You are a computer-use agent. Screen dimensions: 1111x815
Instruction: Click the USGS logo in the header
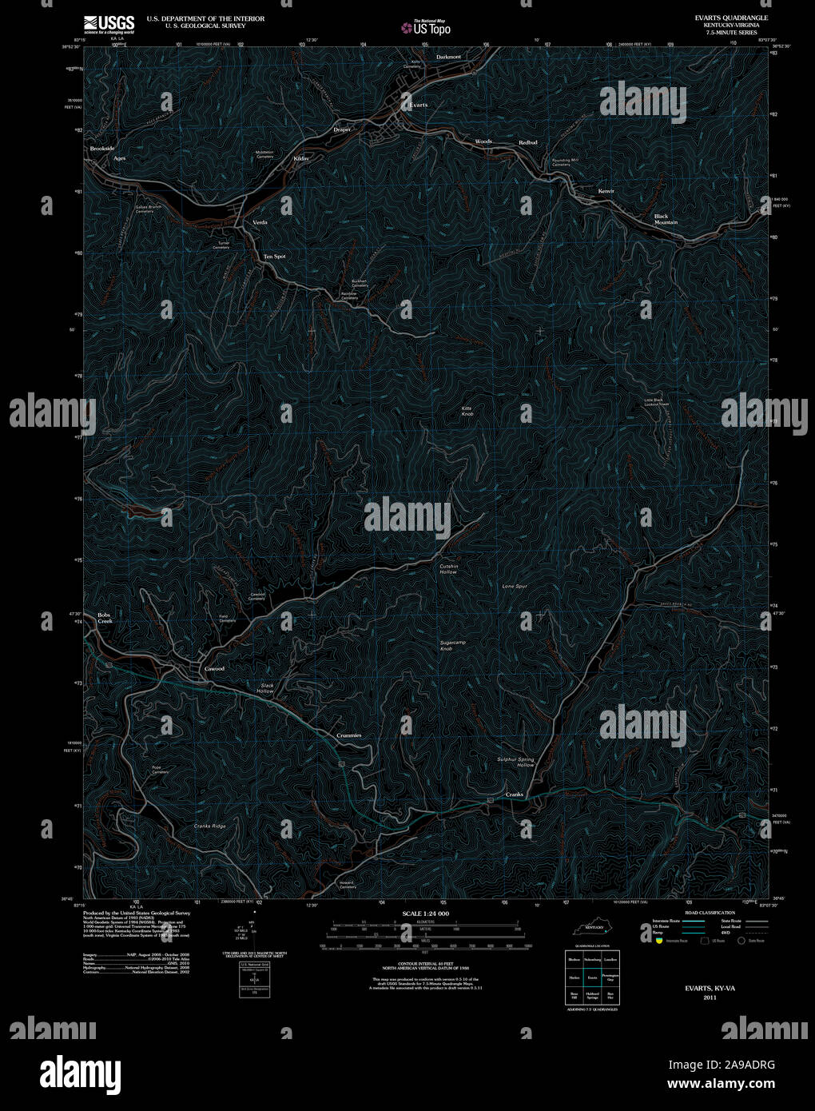109,23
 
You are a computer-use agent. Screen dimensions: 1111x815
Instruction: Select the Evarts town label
418,105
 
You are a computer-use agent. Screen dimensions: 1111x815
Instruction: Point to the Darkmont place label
448,58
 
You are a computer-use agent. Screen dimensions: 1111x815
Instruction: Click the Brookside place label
102,149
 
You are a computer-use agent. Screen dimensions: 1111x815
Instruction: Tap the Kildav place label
301,158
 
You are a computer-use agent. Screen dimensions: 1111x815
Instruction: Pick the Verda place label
260,221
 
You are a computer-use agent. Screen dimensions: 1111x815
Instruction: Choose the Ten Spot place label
274,257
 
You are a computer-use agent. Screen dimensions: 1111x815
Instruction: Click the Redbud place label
527,142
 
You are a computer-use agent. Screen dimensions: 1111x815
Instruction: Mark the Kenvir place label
606,192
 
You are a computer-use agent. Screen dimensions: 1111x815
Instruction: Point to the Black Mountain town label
666,219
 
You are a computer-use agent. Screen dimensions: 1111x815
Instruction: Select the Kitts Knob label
467,412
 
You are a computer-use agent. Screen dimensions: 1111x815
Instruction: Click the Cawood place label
214,668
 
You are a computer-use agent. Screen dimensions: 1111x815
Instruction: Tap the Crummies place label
348,735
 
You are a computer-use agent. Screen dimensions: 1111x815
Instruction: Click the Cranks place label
514,794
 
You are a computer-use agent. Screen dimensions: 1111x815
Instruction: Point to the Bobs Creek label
105,618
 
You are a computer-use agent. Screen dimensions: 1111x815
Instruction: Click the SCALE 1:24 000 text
426,914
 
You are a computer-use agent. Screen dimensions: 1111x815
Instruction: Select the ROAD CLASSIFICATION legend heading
710,912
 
